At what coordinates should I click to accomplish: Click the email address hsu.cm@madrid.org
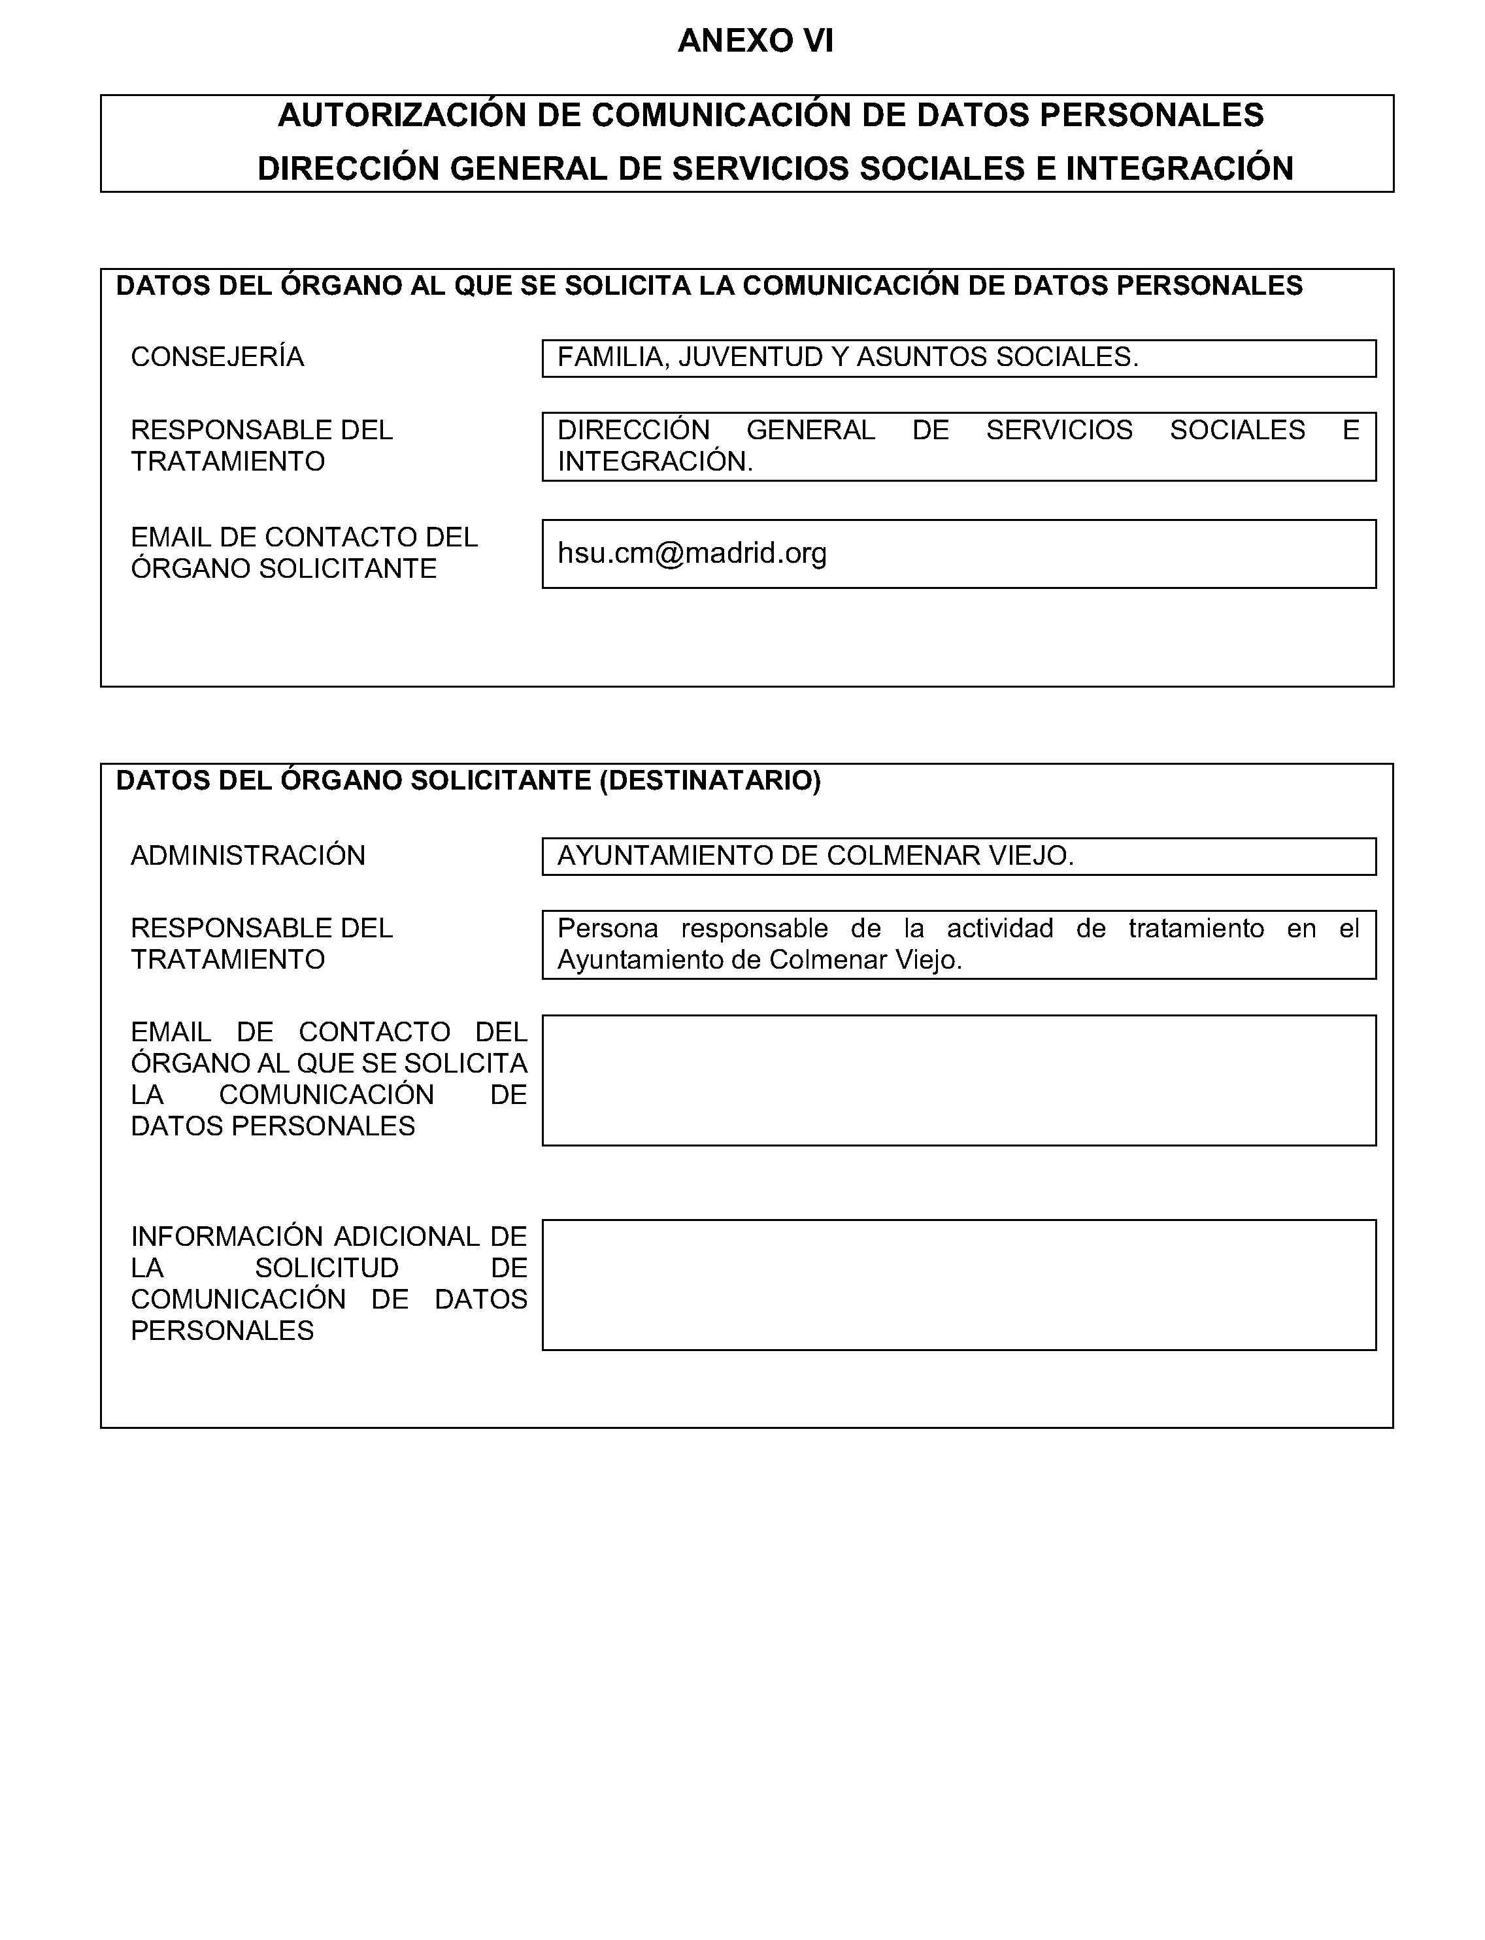692,553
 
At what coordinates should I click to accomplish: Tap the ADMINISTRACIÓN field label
248,856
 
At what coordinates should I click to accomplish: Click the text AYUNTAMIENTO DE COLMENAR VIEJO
815,856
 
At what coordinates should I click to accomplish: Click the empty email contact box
958,1080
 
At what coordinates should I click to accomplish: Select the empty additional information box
958,1285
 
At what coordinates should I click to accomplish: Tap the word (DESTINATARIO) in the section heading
710,780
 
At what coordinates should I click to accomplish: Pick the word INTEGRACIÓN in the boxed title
1179,169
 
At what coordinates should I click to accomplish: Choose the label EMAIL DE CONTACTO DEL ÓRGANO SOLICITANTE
303,552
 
